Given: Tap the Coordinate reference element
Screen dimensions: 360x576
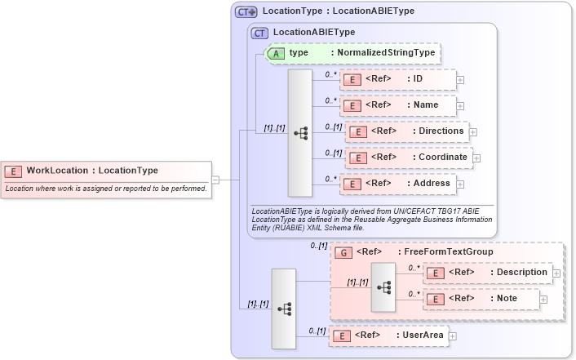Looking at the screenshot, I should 408,157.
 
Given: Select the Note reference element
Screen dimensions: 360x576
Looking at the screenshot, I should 481,299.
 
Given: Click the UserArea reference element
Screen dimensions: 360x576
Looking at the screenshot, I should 387,336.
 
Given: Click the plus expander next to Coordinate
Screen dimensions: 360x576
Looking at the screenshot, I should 477,158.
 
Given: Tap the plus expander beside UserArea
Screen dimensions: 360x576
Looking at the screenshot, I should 453,336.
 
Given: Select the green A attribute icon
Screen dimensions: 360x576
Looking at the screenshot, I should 276,52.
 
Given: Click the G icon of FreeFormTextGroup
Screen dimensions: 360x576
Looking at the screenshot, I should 345,252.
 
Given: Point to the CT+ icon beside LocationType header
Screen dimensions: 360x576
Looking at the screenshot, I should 246,12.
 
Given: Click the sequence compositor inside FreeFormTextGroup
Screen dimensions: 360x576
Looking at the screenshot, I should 383,287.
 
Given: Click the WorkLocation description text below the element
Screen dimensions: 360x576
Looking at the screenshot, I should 105,189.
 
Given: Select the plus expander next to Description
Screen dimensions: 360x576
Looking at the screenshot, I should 556,273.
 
